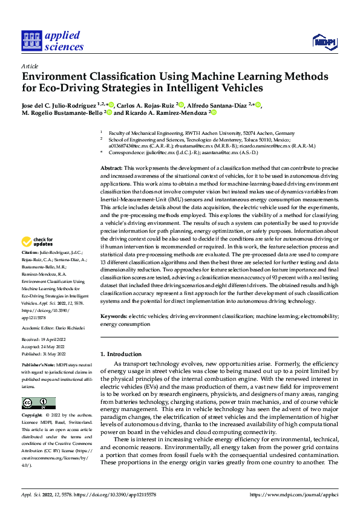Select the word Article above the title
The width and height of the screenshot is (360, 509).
30,66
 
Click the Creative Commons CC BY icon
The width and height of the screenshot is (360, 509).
38,403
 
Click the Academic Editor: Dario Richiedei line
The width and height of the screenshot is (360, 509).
56,328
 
